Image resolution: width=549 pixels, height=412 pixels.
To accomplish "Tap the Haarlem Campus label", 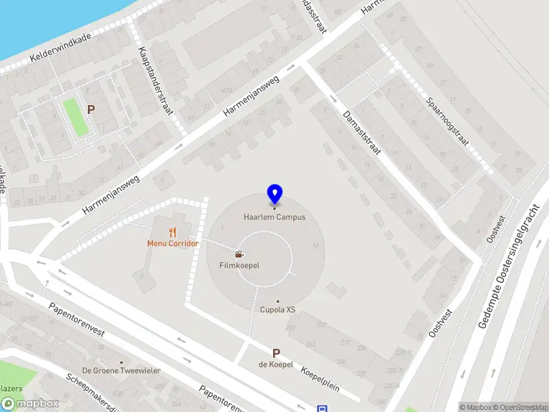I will pyautogui.click(x=274, y=217).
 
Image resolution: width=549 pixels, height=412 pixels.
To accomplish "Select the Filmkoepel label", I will pyautogui.click(x=239, y=265).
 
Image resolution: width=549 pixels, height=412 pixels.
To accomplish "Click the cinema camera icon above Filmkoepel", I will pyautogui.click(x=239, y=254).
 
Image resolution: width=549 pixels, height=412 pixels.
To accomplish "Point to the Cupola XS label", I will pyautogui.click(x=277, y=310).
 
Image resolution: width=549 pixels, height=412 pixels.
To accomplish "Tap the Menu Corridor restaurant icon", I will pyautogui.click(x=172, y=232).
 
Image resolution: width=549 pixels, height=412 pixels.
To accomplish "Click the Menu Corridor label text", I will pyautogui.click(x=172, y=243).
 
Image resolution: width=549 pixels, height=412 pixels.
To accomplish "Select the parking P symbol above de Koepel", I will pyautogui.click(x=276, y=353).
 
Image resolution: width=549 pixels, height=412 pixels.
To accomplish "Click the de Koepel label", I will pyautogui.click(x=276, y=364).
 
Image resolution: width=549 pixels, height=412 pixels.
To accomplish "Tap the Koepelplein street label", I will pyautogui.click(x=320, y=378).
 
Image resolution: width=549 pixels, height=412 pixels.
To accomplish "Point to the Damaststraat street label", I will pyautogui.click(x=361, y=132).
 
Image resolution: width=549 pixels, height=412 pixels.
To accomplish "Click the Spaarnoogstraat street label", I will pyautogui.click(x=447, y=121).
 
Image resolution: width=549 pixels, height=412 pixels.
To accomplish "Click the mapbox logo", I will pyautogui.click(x=30, y=404).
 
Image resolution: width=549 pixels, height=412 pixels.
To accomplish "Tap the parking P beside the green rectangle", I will pyautogui.click(x=91, y=108).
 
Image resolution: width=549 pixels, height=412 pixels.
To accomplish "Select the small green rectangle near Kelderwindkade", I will pyautogui.click(x=75, y=117).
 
